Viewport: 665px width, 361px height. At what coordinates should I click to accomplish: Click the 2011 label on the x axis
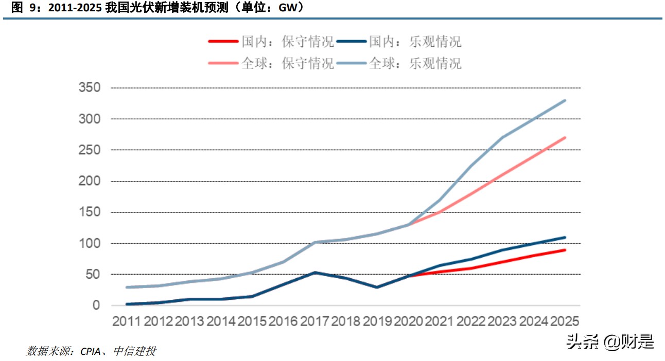[127, 321]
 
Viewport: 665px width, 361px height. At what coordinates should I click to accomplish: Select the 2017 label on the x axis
[314, 321]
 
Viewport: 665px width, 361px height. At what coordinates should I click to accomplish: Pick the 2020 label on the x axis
[409, 321]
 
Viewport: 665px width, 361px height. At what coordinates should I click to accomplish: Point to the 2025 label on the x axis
[565, 321]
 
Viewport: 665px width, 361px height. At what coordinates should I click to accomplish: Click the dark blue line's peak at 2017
[314, 273]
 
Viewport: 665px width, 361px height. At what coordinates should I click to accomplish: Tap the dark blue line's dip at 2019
[377, 287]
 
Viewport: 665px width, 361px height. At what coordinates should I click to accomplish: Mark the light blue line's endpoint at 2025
[565, 100]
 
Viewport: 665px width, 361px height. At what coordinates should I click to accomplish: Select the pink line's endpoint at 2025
[565, 137]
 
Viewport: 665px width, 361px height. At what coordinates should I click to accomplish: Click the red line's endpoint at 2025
[565, 250]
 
